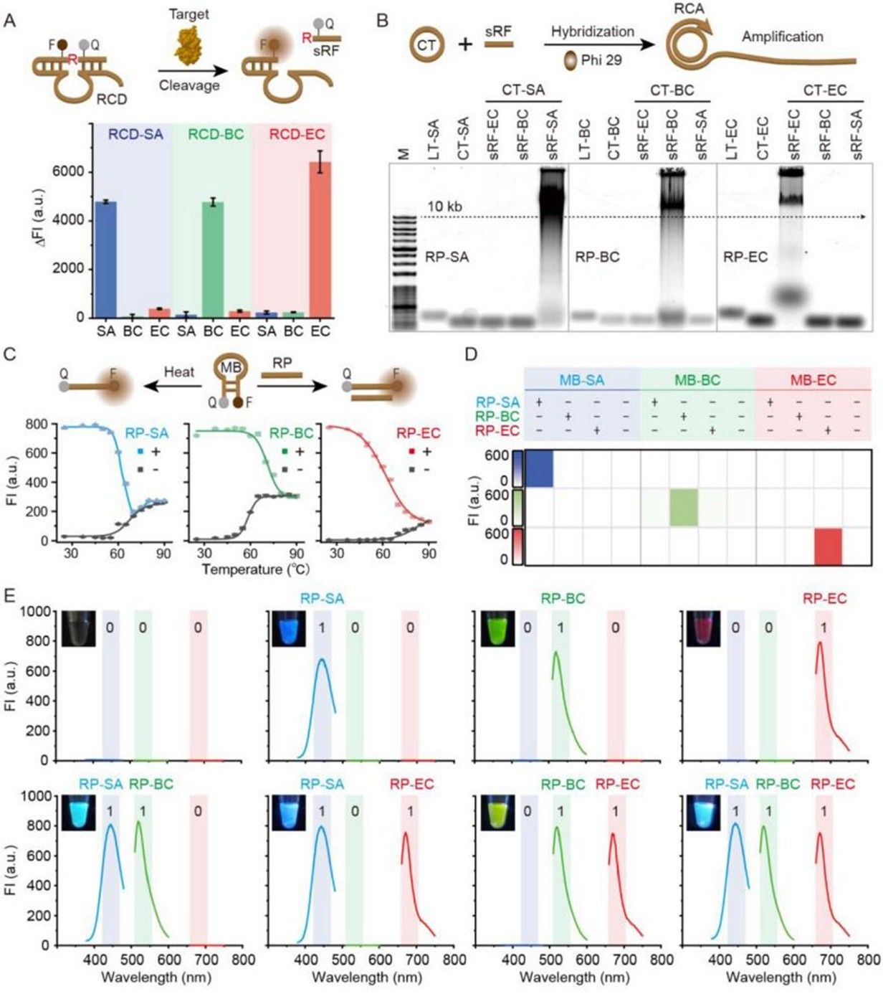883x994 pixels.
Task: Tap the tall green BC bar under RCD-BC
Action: (213, 260)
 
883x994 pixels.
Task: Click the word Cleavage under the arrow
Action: (189, 85)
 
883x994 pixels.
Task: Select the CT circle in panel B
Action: (426, 45)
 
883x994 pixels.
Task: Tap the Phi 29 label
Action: (601, 60)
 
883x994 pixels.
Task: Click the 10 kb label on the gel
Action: (444, 207)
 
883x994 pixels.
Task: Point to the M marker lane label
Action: (403, 153)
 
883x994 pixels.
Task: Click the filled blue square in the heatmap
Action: (539, 468)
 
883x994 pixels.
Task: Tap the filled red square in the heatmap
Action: (829, 546)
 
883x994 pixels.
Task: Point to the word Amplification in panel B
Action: (782, 37)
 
